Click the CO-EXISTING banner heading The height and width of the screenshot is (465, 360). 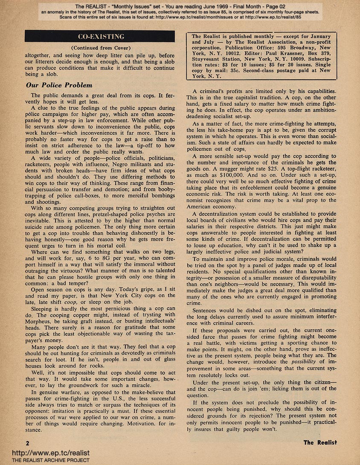(x=100, y=36)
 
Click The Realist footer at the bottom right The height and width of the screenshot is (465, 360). (x=320, y=442)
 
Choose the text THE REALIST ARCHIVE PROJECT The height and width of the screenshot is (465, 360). (x=45, y=460)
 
